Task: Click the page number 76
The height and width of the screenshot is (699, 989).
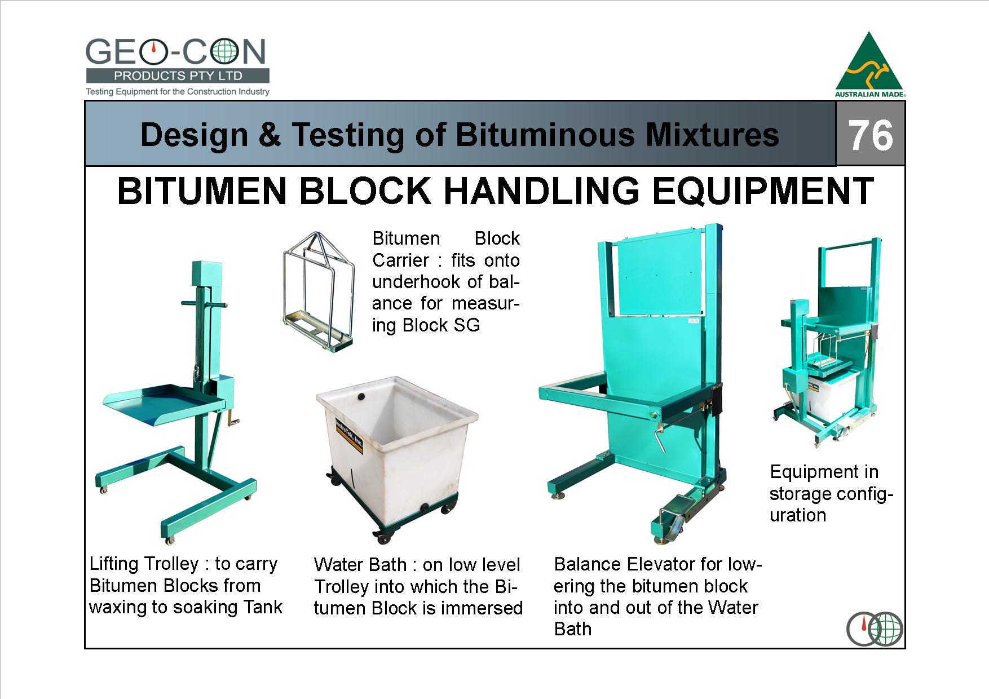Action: point(871,135)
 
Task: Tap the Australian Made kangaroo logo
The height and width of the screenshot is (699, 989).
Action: point(869,64)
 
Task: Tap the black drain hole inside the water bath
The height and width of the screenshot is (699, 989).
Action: point(359,397)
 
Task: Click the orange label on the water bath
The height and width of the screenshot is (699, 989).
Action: point(349,436)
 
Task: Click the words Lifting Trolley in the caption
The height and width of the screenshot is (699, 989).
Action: point(144,564)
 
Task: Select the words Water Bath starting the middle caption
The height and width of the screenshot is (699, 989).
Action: point(360,565)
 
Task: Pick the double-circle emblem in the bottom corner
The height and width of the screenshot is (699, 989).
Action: point(875,629)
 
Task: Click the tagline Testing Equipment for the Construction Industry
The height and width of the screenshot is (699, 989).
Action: point(178,91)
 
